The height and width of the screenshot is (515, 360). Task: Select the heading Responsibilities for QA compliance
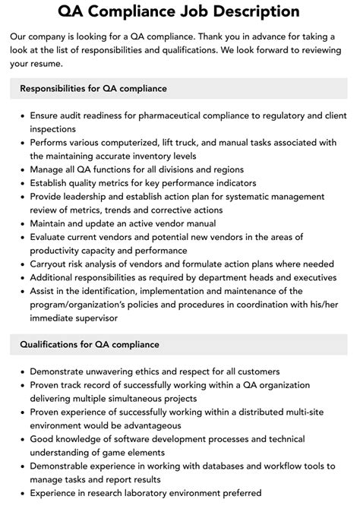(93, 89)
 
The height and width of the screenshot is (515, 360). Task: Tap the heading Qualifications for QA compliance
(90, 345)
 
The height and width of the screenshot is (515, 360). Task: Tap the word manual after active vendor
(196, 223)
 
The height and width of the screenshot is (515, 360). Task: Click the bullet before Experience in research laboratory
(21, 493)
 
